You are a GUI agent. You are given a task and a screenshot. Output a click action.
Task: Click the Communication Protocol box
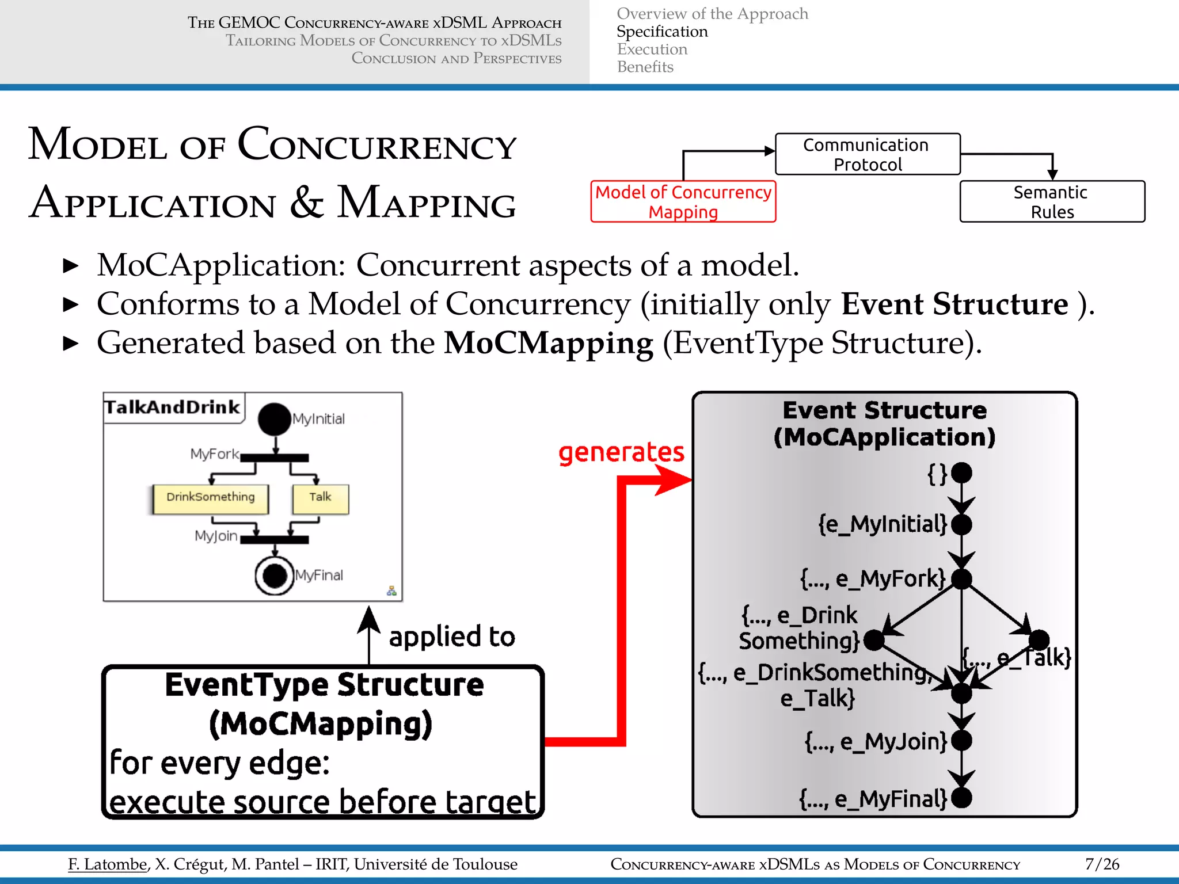868,154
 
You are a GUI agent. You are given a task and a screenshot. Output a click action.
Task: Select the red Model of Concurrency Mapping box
683,201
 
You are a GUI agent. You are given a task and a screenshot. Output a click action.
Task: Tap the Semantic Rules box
1052,201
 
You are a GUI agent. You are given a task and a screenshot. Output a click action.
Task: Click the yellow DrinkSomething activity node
210,498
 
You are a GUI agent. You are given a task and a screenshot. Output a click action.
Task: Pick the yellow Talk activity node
320,498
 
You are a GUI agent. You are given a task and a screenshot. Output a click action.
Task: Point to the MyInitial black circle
275,419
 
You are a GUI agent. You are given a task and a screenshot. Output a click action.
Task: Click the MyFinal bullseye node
275,575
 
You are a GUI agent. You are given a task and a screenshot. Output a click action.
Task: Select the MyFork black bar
275,458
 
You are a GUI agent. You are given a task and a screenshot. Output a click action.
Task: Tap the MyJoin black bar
275,540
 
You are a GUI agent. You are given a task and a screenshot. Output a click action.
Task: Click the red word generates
621,452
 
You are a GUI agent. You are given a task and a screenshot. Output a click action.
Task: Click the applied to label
452,637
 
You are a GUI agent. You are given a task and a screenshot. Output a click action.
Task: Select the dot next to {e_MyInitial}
961,525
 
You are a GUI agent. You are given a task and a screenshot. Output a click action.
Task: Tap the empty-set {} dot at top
961,473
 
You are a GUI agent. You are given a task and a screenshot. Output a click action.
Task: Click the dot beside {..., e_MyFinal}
961,798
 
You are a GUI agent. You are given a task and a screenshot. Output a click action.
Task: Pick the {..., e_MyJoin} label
876,742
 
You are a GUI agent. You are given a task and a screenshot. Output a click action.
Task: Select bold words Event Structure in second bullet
954,304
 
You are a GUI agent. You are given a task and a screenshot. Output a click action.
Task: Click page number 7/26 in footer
1102,864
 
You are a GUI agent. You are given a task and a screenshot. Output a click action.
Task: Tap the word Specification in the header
662,32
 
